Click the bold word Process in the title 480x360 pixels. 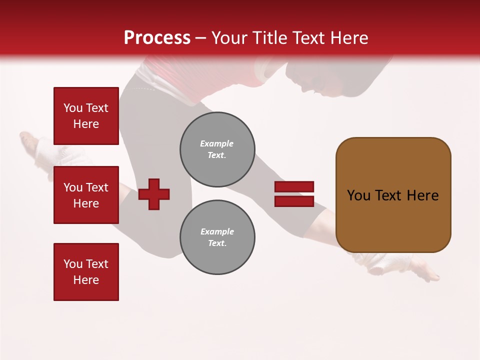pos(157,38)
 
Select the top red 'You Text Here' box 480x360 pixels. pos(86,116)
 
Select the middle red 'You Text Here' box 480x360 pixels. pos(86,195)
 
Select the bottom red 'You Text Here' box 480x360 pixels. pos(86,271)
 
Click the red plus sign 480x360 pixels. pos(154,194)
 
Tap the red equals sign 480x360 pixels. pos(294,194)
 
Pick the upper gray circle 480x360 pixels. pos(217,149)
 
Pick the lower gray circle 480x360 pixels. pos(217,237)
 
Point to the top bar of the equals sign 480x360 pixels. pos(294,187)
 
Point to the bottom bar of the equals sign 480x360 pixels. pos(294,201)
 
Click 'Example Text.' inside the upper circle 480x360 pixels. pos(217,149)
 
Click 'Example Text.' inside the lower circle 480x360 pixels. pos(217,237)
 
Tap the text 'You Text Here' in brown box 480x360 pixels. pos(393,195)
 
